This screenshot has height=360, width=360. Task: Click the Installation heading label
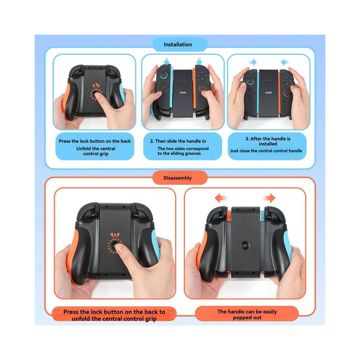coord(178,44)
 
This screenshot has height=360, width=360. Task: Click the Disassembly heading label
coord(177,178)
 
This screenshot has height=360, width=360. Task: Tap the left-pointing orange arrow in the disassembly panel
coord(221,198)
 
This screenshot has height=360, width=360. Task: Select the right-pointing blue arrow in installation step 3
coord(253,62)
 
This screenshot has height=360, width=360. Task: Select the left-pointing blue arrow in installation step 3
coord(285,62)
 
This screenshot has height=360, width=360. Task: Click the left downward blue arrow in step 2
coord(167,60)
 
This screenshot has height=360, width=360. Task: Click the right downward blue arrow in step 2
coord(199,60)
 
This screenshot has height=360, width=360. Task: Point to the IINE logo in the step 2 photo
coord(183,93)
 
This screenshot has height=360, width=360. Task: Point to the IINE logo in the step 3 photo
coord(268,93)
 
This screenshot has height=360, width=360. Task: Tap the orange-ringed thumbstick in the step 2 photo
coord(202,88)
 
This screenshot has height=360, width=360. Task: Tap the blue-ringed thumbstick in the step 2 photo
coord(164,75)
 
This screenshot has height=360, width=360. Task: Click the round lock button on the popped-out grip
coord(245,245)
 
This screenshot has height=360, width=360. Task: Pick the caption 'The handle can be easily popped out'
coord(247,315)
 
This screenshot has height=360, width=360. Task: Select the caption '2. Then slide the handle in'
coord(178,141)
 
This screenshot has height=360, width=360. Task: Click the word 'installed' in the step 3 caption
coord(268,144)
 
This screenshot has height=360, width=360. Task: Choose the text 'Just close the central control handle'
coord(266,151)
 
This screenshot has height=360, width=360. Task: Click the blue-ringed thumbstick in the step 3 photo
coord(250,81)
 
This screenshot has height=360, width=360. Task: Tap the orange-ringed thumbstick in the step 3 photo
coord(287,93)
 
